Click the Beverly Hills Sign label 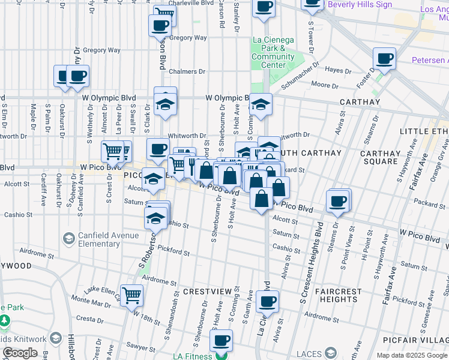pyautogui.click(x=360, y=5)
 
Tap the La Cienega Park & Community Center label pyautogui.click(x=273, y=52)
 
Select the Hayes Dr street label pyautogui.click(x=339, y=71)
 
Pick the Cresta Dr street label pyautogui.click(x=91, y=319)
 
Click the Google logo pyautogui.click(x=20, y=353)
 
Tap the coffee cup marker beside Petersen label pyautogui.click(x=384, y=59)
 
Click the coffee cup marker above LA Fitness pyautogui.click(x=221, y=341)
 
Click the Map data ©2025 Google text pyautogui.click(x=411, y=355)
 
